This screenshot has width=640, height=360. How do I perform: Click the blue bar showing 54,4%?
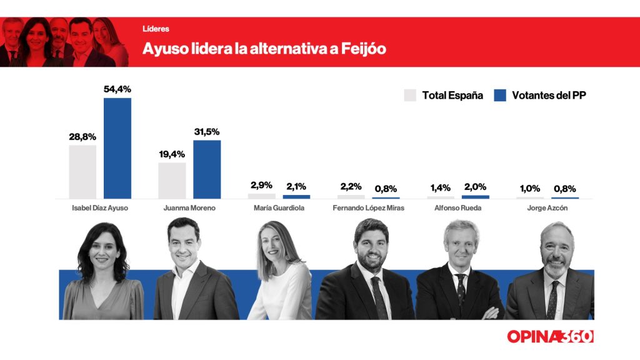117,148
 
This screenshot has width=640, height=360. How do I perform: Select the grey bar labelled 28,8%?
82,172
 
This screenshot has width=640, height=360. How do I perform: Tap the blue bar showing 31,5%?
207,169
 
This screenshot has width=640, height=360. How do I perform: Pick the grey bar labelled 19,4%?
172,181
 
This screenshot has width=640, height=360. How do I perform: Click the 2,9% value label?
261,186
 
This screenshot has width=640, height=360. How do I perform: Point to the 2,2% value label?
351,187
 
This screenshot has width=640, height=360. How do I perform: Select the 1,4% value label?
440,187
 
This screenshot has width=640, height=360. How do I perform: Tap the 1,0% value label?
529,189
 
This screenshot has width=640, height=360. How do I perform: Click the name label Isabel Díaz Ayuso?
100,208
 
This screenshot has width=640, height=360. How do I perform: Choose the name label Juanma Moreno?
189,208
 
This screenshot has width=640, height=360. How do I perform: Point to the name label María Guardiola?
279,208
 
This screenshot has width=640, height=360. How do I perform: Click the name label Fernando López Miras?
368,208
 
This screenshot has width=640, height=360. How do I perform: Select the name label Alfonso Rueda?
458,208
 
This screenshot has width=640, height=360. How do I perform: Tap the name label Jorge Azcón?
547,208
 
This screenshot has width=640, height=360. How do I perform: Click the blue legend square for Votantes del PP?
499,96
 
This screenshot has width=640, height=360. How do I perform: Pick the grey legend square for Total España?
410,96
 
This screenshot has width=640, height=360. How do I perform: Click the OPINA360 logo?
550,336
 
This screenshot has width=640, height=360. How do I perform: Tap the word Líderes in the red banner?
156,29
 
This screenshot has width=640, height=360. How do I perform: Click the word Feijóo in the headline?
364,49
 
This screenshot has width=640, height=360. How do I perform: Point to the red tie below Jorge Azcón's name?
552,300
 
